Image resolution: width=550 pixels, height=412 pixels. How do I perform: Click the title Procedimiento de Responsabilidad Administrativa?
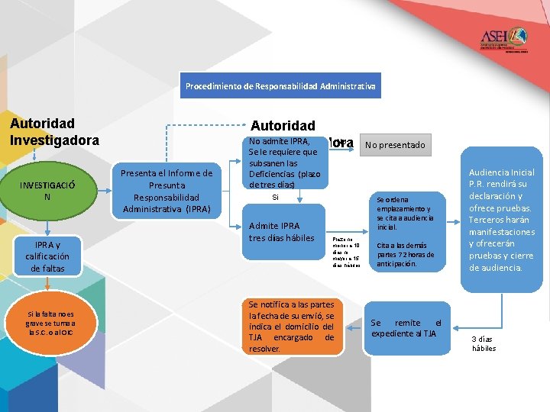(x=280, y=86)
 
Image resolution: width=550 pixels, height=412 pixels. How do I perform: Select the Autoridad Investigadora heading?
(x=54, y=131)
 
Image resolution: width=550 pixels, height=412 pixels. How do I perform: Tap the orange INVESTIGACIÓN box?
(x=47, y=191)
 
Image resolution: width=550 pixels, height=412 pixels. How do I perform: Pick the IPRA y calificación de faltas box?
(x=47, y=256)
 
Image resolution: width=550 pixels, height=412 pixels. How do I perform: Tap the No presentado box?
(x=394, y=144)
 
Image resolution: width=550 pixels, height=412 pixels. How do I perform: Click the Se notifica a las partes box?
(x=291, y=327)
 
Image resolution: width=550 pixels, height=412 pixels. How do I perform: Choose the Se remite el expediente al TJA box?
(x=406, y=327)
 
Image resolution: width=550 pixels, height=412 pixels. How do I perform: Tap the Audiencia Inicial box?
(x=502, y=220)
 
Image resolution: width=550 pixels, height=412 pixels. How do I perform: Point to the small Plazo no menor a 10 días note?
(x=346, y=252)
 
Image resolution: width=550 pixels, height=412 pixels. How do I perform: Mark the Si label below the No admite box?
(x=276, y=197)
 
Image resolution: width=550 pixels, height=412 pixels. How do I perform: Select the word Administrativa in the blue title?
(x=348, y=86)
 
